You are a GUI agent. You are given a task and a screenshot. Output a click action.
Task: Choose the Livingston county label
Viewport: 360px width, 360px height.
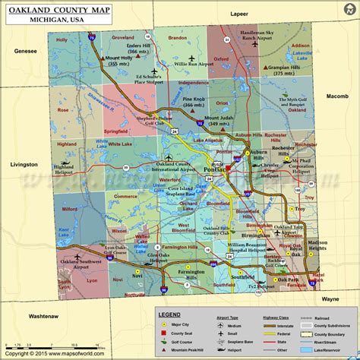(24, 164)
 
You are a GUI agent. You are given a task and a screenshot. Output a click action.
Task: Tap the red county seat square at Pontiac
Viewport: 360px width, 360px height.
(227, 169)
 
